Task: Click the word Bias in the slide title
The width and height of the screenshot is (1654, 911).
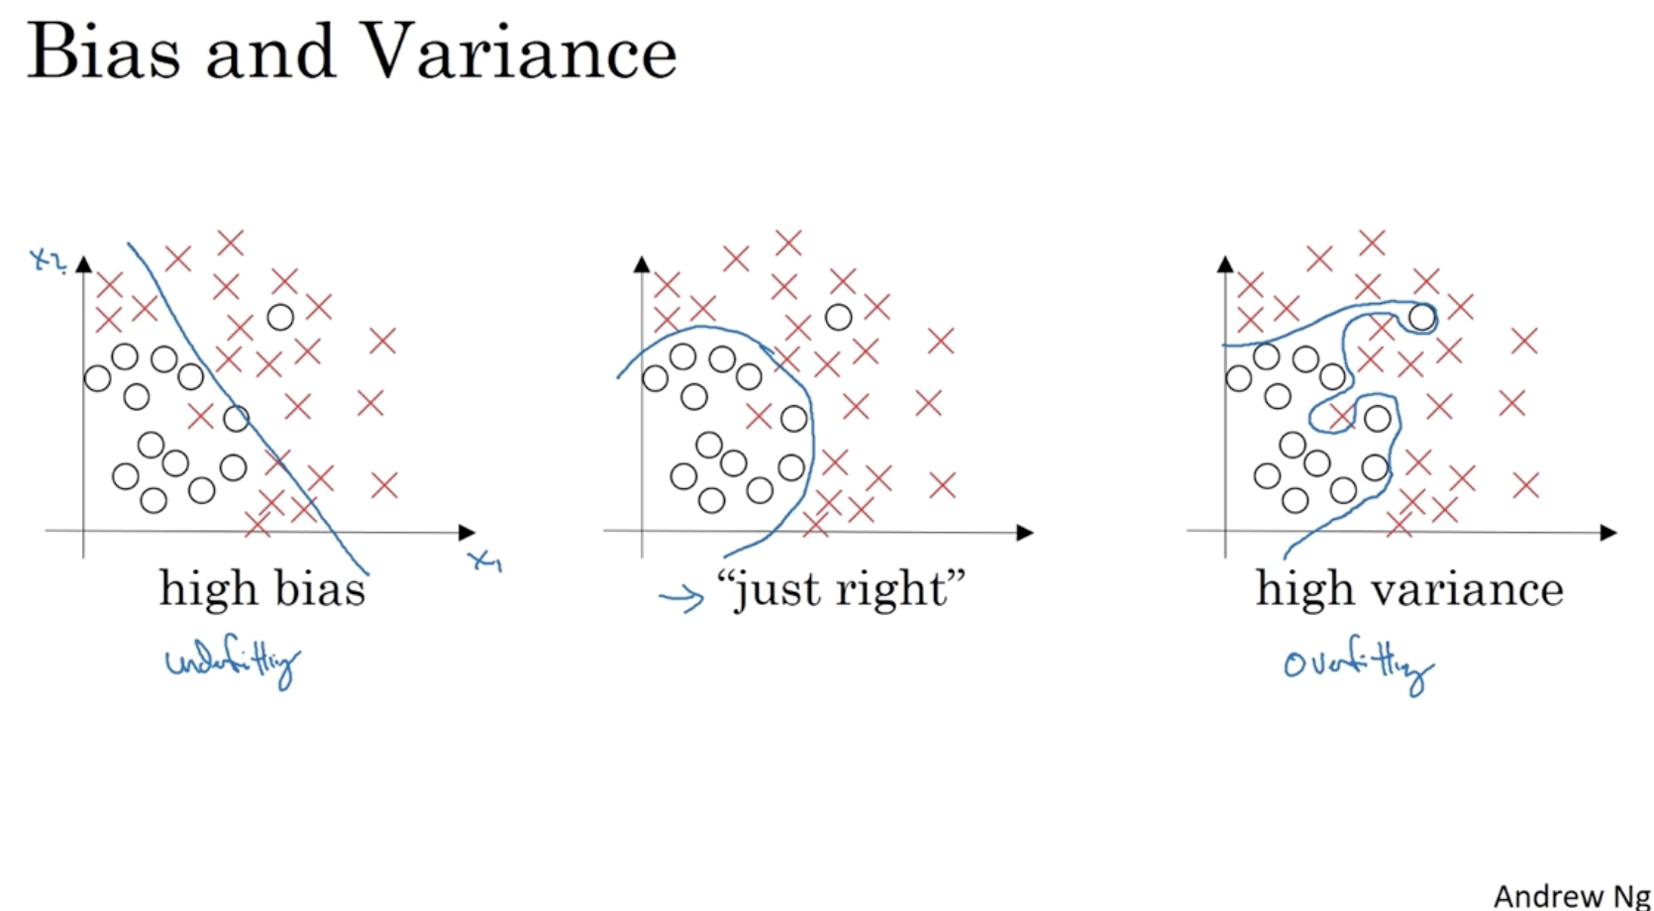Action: coord(104,51)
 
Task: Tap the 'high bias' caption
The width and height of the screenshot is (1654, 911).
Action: coord(262,589)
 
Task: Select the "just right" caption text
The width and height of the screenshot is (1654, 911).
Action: coord(841,590)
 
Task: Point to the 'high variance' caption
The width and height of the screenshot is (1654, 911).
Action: coord(1409,589)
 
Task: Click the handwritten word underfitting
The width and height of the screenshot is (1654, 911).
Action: coord(234,664)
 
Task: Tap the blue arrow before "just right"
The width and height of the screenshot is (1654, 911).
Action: coord(681,598)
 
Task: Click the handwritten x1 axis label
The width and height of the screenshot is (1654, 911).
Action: coord(486,561)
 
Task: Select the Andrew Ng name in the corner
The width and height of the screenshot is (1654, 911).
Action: coord(1571,895)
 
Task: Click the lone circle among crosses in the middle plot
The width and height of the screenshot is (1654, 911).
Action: coord(838,318)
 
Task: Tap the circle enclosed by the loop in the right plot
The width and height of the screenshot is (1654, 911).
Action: coord(1421,317)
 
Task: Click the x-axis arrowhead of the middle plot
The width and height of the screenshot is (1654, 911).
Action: coord(1025,533)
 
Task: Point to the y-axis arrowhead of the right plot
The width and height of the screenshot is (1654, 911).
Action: coord(1225,263)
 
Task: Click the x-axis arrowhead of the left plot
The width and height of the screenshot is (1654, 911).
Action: coord(467,533)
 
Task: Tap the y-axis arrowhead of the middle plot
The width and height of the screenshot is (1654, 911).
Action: coord(642,263)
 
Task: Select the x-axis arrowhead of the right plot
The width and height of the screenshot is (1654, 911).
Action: coord(1608,533)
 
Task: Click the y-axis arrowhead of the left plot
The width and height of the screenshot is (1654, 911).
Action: coord(83,263)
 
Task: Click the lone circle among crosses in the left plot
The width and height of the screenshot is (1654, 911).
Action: coord(280,317)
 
